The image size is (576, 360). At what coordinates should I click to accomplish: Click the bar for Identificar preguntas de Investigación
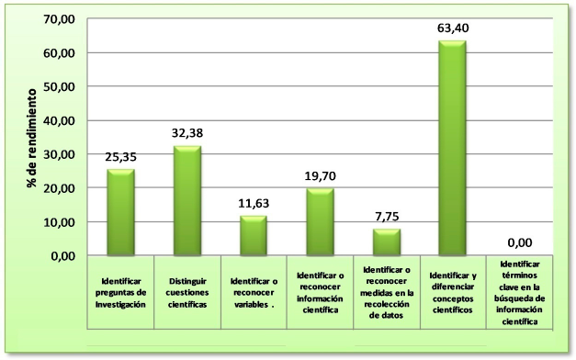120,212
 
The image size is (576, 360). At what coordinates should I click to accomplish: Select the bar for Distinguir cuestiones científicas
186,200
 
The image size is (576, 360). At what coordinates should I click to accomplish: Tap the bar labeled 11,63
254,235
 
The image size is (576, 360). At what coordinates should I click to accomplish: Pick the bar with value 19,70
320,221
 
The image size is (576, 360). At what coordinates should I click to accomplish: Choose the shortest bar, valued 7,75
386,242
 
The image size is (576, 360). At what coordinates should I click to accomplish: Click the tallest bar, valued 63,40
452,148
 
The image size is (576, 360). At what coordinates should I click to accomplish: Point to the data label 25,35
120,157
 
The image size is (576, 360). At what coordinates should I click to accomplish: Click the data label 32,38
186,133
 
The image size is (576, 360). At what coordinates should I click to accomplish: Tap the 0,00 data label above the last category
520,243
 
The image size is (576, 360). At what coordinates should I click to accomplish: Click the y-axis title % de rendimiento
31,138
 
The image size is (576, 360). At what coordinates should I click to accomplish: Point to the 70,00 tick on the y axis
60,19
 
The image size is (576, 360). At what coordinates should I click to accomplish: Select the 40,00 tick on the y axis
60,120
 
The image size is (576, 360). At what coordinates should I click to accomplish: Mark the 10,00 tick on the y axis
60,222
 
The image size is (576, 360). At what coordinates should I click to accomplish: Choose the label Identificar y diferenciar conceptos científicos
453,292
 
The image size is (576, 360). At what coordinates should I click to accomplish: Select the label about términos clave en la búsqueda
520,292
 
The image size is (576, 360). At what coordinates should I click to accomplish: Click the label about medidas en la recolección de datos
386,292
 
